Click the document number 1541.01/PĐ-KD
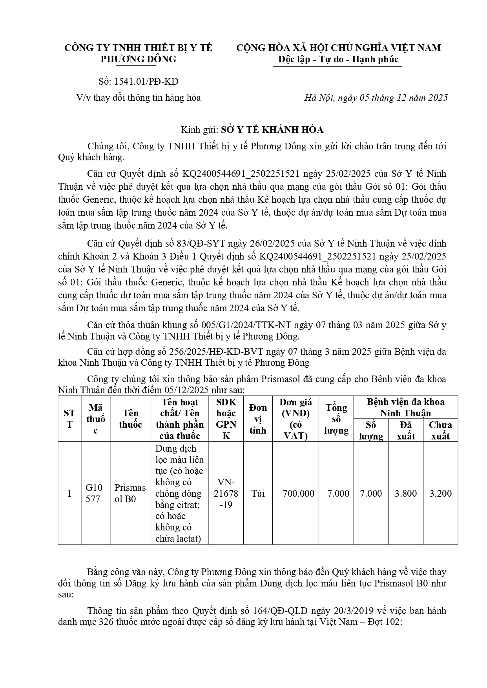(x=146, y=82)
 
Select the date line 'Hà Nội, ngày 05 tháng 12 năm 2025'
(x=376, y=98)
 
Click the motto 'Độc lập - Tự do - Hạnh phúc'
(x=337, y=59)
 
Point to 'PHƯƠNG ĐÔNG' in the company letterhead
(x=139, y=59)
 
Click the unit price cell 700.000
(x=298, y=493)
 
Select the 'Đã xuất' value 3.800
(x=405, y=493)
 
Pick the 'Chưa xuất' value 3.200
(x=440, y=493)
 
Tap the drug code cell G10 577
(x=94, y=493)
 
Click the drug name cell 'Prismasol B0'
(x=130, y=493)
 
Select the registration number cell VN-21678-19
(x=226, y=493)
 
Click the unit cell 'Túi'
(x=258, y=493)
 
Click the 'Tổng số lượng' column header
(x=336, y=419)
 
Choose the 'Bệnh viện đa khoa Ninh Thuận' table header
(x=405, y=407)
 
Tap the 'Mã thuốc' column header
(x=95, y=419)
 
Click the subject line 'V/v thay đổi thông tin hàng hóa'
(x=139, y=98)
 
